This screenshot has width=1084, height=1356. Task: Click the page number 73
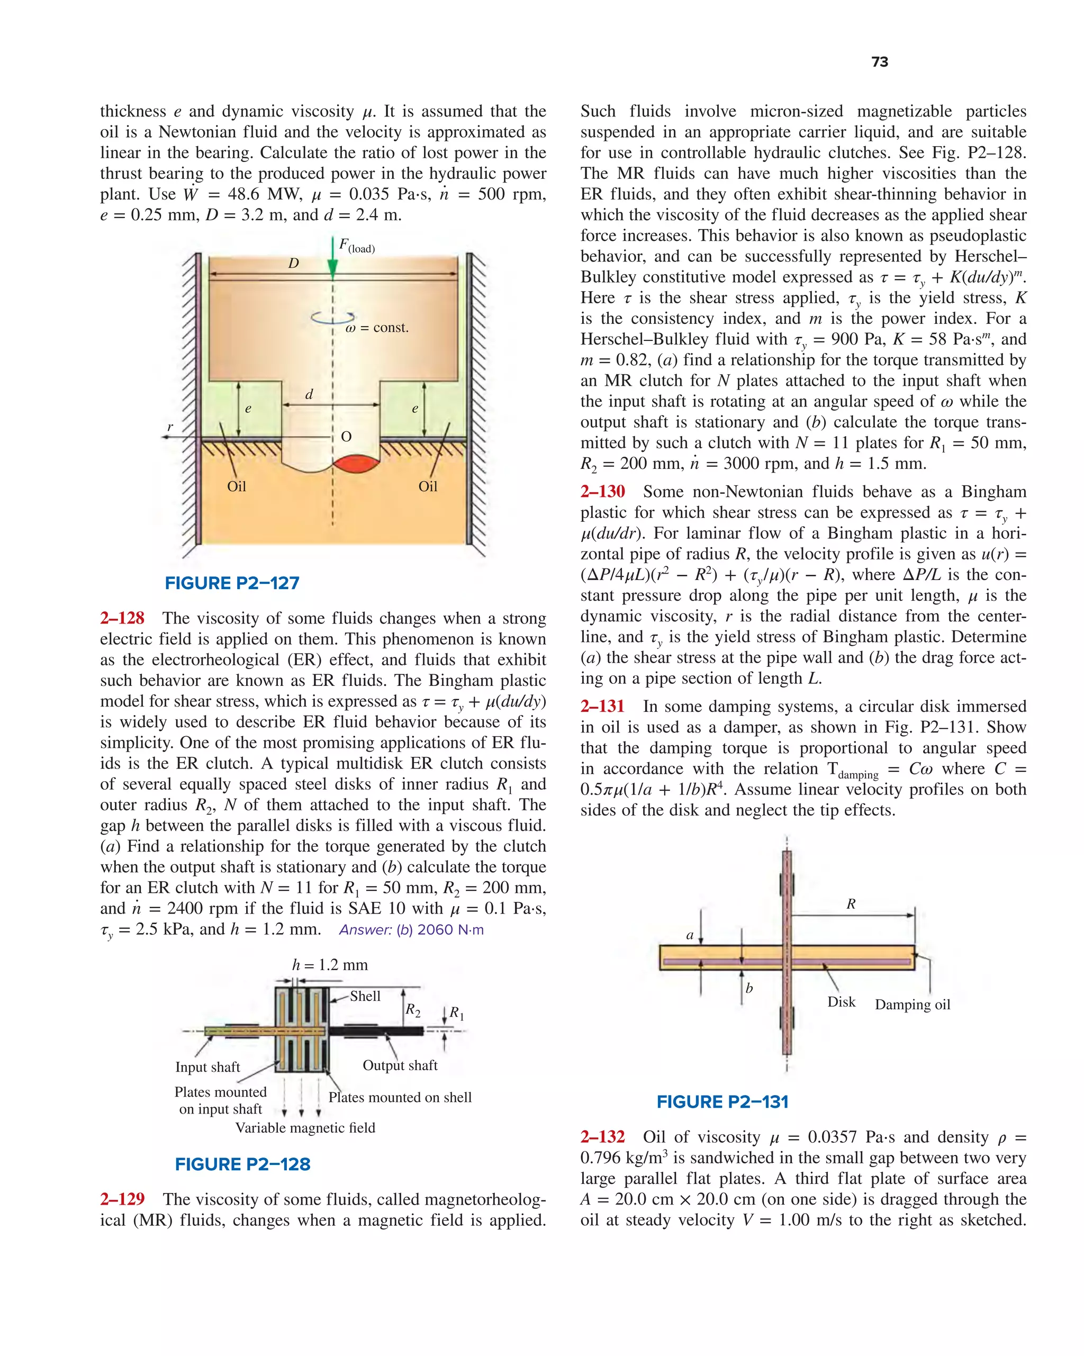pos(880,61)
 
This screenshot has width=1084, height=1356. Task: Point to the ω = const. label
pos(377,328)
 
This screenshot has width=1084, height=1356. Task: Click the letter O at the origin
pos(346,437)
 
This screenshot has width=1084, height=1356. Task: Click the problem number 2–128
pos(122,618)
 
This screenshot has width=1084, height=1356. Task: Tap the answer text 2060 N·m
pos(450,929)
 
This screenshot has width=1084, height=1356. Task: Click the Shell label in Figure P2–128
pos(365,996)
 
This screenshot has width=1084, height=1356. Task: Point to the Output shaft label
pos(400,1065)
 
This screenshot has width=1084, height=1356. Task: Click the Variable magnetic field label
pos(305,1128)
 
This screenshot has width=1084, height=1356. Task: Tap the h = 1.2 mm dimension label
pos(330,965)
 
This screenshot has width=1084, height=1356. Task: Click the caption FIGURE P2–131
pos(722,1102)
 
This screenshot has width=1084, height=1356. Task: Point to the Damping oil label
pos(913,1005)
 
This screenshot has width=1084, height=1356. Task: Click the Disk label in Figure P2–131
pos(841,1002)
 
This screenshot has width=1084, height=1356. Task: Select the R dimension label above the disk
pos(851,904)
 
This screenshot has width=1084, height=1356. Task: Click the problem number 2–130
pos(603,492)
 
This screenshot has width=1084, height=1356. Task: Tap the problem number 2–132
pos(603,1137)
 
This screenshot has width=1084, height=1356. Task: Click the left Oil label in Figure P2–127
pos(237,486)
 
